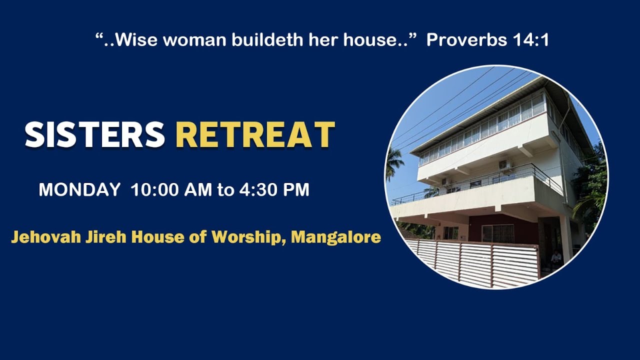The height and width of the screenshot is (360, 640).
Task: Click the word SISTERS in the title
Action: [95, 135]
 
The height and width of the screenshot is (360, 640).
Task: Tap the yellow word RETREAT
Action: [255, 135]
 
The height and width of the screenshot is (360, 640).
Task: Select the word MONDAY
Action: [79, 190]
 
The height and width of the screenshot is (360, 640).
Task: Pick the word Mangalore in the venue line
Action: [336, 237]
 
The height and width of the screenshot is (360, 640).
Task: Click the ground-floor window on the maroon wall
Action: [497, 233]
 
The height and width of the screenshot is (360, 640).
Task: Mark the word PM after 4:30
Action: [296, 190]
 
